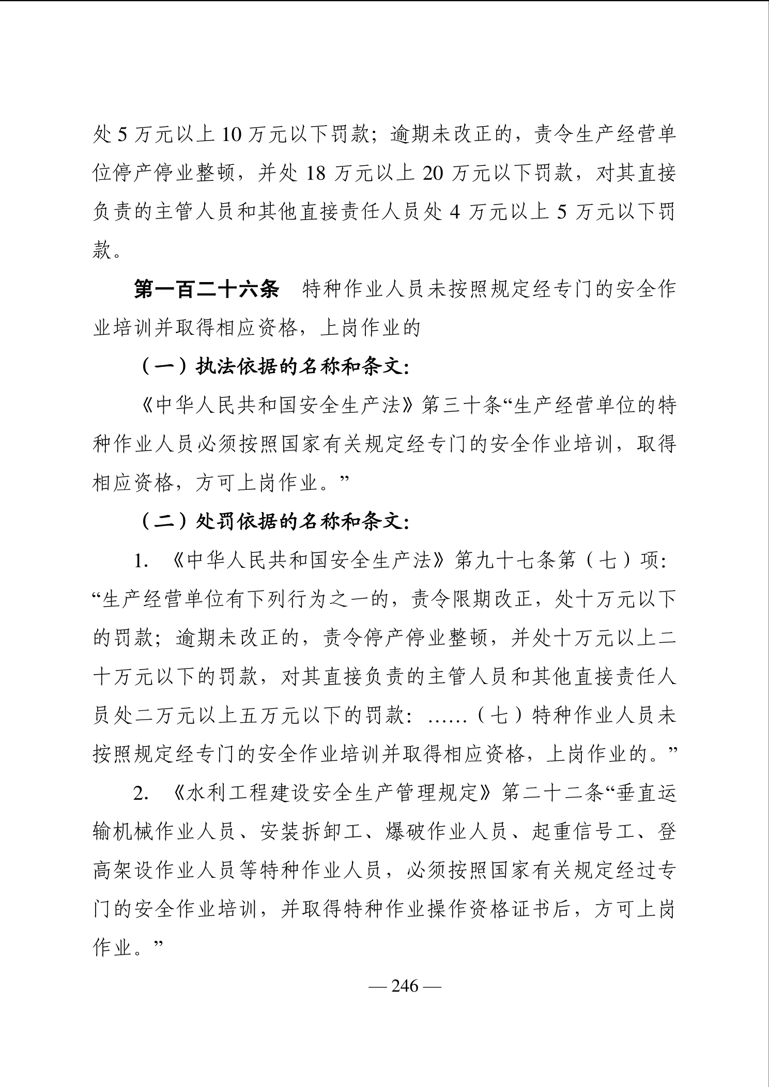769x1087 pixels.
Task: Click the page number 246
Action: [x=405, y=986]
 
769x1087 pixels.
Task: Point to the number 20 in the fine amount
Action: [x=433, y=174]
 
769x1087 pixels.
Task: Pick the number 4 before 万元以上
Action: [x=455, y=213]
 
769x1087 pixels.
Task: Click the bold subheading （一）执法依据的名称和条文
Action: [x=275, y=367]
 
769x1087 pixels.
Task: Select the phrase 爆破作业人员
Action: [x=445, y=832]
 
